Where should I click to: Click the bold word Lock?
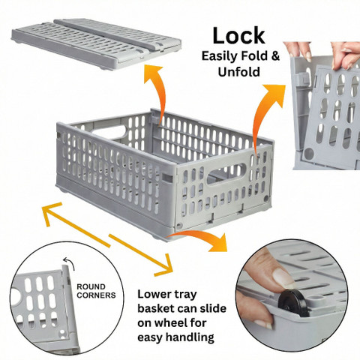click(x=238, y=36)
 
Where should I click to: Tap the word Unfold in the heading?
click(x=239, y=72)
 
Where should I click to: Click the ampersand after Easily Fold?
click(x=274, y=55)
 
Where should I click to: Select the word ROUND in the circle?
click(x=91, y=286)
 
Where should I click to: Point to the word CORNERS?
click(x=96, y=295)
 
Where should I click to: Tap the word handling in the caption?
click(x=190, y=337)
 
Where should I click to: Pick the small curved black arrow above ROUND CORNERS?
click(x=68, y=263)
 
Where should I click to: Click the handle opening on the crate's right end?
click(x=226, y=173)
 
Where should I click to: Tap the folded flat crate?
click(x=96, y=43)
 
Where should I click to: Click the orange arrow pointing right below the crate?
click(x=200, y=238)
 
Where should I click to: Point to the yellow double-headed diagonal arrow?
click(x=108, y=238)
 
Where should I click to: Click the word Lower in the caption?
click(x=152, y=294)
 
